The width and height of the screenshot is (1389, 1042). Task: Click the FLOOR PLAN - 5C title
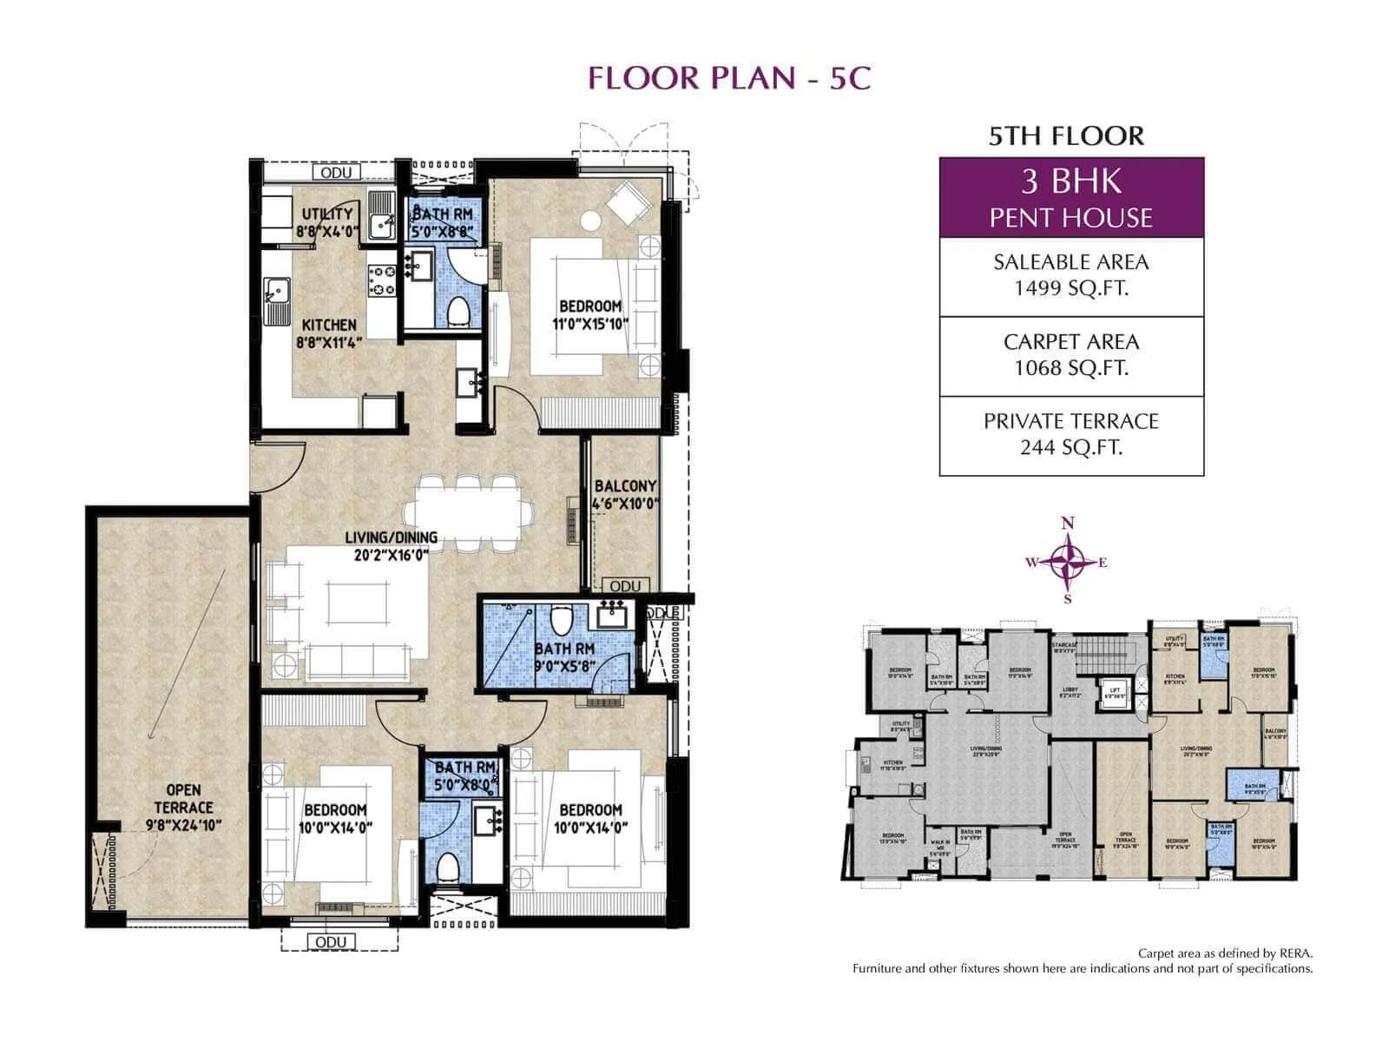728,78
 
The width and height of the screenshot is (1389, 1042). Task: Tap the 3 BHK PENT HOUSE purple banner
1070,198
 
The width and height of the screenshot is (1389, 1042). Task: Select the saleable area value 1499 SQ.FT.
1070,288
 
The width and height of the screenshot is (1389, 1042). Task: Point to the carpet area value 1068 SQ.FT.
1070,368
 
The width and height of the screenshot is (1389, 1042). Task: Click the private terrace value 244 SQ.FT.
1070,447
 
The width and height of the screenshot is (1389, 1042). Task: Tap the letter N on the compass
1068,523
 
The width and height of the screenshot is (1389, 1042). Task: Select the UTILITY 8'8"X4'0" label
326,222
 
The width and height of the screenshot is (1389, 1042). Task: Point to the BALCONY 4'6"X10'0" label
625,495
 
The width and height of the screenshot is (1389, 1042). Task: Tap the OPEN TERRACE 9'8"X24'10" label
183,808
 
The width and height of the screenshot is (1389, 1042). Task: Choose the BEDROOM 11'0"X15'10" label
590,314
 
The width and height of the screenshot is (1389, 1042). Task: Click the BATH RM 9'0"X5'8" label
563,656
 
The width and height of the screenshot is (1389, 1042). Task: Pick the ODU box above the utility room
336,172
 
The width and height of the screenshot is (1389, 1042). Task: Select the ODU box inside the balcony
625,586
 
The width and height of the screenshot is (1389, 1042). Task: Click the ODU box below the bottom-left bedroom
331,942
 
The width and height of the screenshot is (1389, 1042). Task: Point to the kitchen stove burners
383,280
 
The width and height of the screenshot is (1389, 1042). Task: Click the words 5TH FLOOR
1066,135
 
